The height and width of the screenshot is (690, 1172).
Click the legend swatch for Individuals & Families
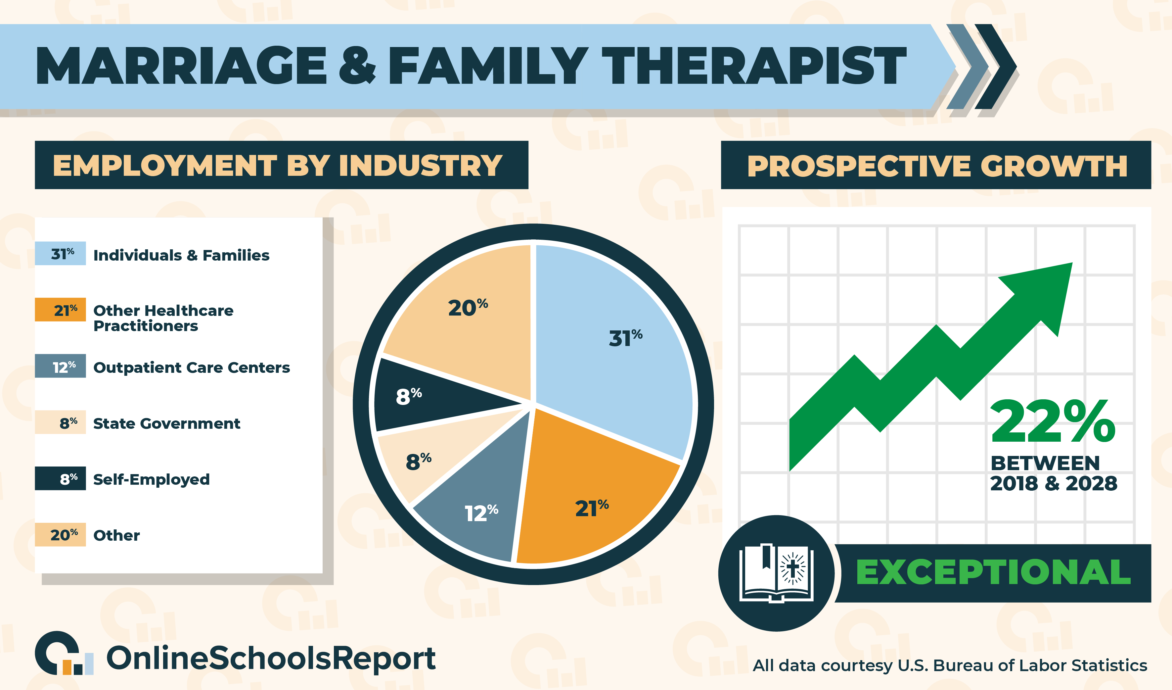[61, 254]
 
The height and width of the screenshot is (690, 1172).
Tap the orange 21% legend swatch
[61, 309]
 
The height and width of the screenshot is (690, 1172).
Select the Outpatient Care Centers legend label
[192, 368]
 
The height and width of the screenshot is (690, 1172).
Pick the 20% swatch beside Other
[61, 535]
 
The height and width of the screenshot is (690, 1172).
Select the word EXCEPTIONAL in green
[993, 572]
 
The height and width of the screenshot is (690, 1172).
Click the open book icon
[776, 573]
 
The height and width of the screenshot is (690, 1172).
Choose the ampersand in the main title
[357, 65]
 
